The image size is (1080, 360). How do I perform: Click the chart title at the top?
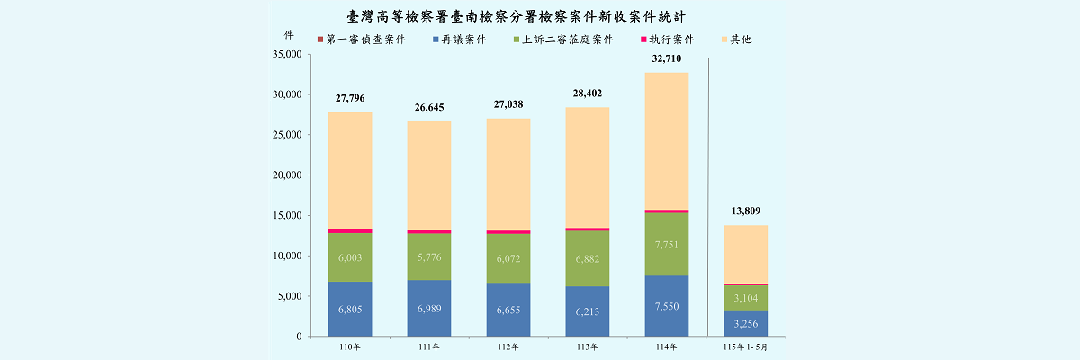tap(516, 17)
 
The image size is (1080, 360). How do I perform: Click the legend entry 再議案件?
tap(460, 40)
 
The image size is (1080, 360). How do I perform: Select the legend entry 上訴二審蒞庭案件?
tap(563, 40)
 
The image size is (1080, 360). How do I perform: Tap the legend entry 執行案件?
tap(667, 40)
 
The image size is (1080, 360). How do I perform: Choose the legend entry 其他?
tap(736, 40)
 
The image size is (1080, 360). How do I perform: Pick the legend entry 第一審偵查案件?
tap(362, 40)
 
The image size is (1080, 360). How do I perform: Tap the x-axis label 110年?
tap(349, 347)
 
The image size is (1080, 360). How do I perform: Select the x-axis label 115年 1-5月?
tap(745, 347)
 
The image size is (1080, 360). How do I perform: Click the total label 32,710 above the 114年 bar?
tap(666, 58)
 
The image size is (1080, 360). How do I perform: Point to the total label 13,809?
tap(745, 211)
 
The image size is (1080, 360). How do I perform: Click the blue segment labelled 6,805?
tap(350, 309)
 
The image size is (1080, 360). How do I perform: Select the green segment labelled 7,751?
tap(667, 244)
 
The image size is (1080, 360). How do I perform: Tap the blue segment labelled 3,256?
tap(746, 323)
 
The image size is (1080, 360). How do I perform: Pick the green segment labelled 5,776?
tap(429, 256)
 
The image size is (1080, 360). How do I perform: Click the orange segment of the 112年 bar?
tap(508, 175)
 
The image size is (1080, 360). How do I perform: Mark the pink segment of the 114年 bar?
tap(667, 211)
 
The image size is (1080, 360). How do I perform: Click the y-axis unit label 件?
tap(289, 35)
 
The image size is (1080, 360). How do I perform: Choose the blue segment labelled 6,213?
tap(588, 311)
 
